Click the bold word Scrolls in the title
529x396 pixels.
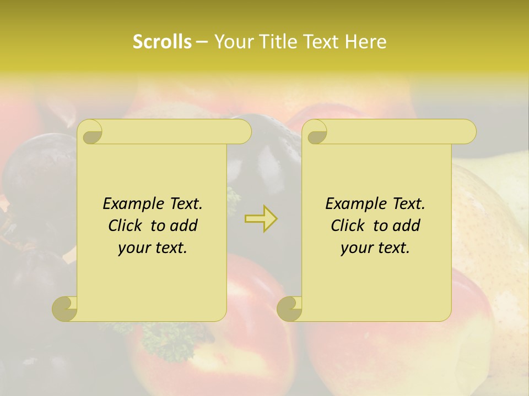coord(162,42)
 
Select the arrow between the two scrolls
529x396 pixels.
coord(261,218)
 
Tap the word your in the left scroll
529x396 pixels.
coord(134,248)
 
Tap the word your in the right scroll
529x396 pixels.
coord(357,248)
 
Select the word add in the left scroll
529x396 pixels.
coord(185,226)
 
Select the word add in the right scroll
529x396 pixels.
coord(407,226)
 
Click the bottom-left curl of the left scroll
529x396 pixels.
coord(65,309)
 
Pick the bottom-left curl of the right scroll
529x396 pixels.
coord(289,309)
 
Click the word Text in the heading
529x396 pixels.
coord(322,42)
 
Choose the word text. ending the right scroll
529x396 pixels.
coord(391,248)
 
